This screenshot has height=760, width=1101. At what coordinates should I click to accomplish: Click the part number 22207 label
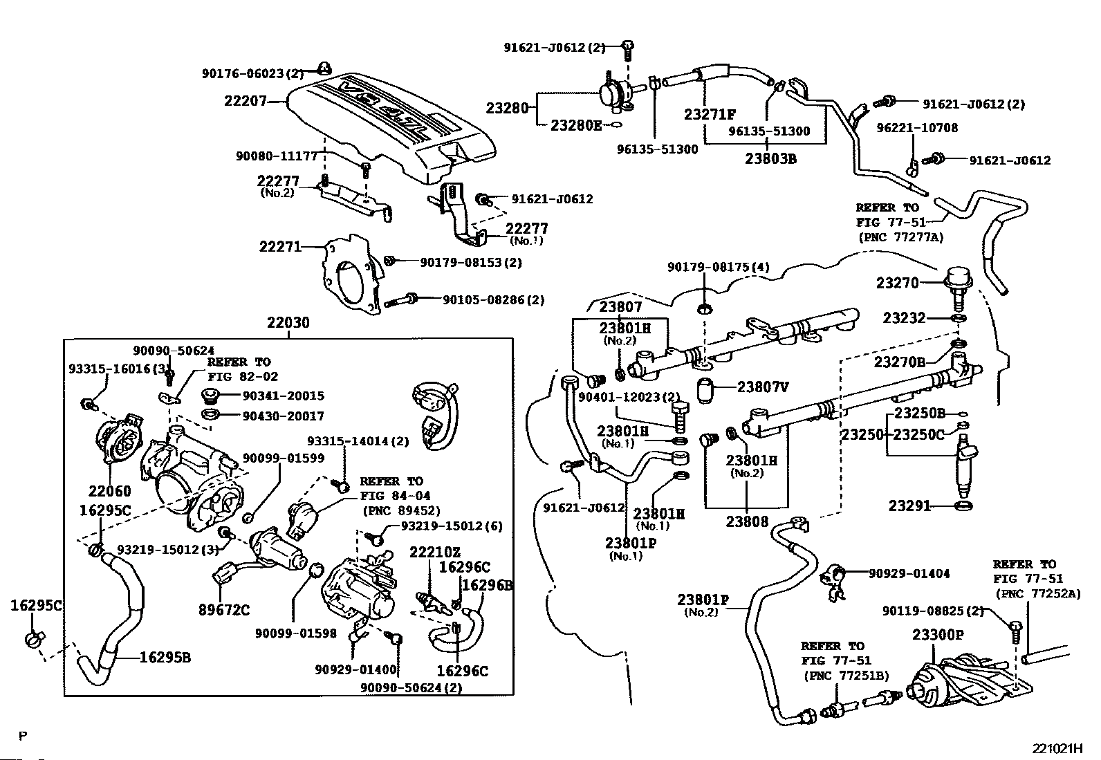[245, 101]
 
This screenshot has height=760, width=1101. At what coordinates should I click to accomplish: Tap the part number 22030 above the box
[288, 323]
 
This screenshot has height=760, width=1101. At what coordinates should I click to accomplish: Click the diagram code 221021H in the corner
[1057, 749]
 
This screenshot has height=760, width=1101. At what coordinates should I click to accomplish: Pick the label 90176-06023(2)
[252, 73]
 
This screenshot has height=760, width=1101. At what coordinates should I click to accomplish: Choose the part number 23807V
[762, 387]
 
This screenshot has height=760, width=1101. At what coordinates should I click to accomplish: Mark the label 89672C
[225, 610]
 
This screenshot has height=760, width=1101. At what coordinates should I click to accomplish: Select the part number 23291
[909, 506]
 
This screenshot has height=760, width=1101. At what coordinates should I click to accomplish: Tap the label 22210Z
[434, 552]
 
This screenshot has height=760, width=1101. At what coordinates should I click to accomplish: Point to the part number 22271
[280, 246]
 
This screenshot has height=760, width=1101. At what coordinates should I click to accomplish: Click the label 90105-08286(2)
[493, 300]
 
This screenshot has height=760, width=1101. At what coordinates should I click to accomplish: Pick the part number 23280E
[576, 125]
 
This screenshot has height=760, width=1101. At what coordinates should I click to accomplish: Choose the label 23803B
[770, 158]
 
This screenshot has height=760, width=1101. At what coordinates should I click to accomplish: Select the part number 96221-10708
[917, 128]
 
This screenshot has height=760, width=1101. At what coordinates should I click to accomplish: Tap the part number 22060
[109, 491]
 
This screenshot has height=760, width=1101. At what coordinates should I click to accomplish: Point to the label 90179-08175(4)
[718, 267]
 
